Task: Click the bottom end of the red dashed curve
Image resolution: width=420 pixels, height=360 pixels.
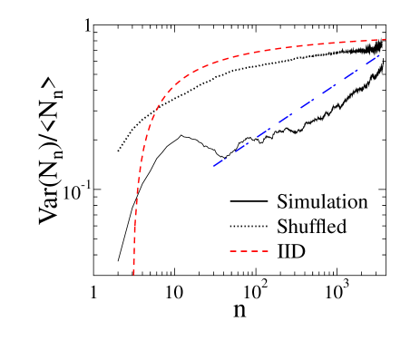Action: point(134,274)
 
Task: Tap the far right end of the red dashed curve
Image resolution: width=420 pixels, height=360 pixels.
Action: point(387,39)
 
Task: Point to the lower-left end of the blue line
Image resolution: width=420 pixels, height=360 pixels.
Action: point(212,166)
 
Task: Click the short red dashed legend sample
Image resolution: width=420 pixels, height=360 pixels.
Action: point(249,250)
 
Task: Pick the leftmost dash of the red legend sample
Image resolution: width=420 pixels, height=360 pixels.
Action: point(233,250)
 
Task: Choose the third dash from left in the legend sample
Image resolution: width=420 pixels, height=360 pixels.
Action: point(254,250)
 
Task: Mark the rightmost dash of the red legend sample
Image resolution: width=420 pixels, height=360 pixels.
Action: point(264,250)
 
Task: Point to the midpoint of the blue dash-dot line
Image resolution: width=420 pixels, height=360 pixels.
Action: point(296,111)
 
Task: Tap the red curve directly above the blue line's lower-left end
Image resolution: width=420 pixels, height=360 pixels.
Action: point(212,63)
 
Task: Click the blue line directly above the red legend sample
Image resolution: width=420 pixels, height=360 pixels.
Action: point(249,141)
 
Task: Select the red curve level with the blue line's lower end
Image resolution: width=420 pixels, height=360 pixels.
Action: point(139,166)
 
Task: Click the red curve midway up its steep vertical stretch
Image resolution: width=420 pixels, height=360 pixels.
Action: point(136,199)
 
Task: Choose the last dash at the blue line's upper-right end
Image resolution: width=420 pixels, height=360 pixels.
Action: point(375,57)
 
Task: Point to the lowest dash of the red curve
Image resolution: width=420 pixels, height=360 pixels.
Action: point(134,269)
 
